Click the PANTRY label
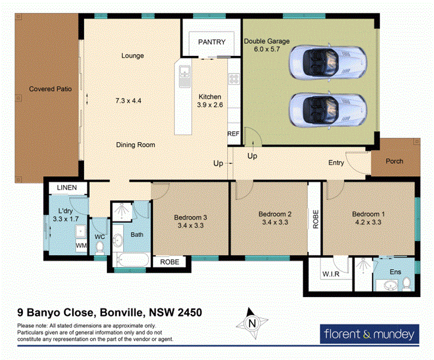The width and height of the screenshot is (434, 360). click(x=211, y=42)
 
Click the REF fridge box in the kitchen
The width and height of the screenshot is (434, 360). click(x=233, y=134)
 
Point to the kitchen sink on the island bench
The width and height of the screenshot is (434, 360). click(x=184, y=73)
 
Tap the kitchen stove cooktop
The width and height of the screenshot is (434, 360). click(x=235, y=80)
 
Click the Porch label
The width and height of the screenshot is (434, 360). click(x=394, y=161)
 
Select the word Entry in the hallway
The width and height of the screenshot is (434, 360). click(x=336, y=163)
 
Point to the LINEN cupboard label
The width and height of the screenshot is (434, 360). click(x=68, y=187)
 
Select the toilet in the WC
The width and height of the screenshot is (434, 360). click(x=99, y=249)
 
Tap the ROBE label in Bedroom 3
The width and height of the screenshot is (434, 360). click(x=170, y=262)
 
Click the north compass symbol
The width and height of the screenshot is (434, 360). click(x=252, y=323)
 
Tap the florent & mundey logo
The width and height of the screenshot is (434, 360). click(x=369, y=334)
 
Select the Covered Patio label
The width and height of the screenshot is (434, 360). click(x=50, y=89)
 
